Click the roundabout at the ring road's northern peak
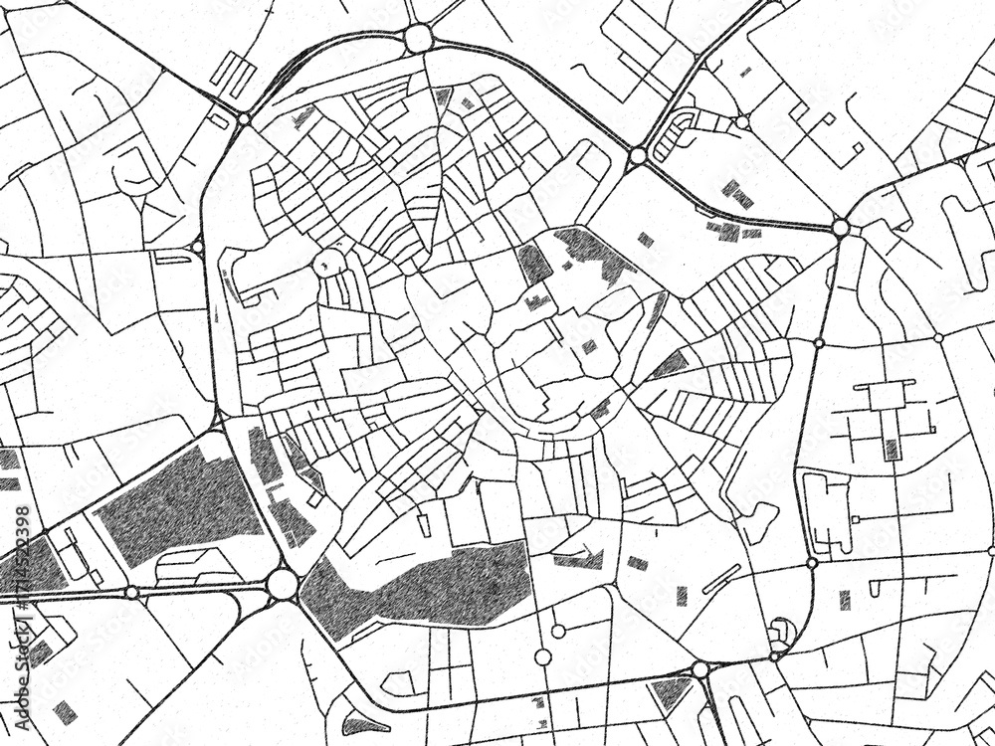click(418, 39)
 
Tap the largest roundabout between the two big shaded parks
click(282, 583)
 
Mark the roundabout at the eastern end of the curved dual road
click(841, 228)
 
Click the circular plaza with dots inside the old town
click(328, 263)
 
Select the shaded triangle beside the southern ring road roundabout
click(670, 690)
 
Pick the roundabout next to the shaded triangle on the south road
click(700, 670)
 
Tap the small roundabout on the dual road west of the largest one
click(131, 592)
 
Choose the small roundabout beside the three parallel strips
click(244, 118)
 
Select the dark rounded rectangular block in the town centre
click(533, 264)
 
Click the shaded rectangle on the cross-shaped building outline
click(892, 449)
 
